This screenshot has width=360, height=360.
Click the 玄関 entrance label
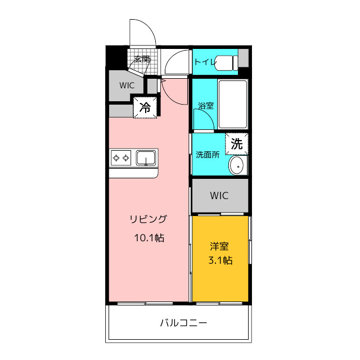(x=142, y=59)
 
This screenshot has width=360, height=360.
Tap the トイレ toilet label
(x=205, y=62)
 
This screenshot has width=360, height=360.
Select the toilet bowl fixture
(x=226, y=62)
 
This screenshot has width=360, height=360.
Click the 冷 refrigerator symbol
(x=145, y=107)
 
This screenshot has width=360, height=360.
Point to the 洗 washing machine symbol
(x=237, y=144)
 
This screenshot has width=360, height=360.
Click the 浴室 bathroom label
(x=206, y=106)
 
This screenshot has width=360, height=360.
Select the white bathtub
(x=233, y=104)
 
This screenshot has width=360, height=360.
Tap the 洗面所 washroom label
(x=208, y=155)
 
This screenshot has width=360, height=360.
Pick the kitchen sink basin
(x=146, y=158)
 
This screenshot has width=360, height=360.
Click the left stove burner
(x=116, y=158)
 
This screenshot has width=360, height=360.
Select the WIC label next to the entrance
(x=127, y=85)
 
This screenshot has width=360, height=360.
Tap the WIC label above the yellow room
(x=219, y=196)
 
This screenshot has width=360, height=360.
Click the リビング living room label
(x=148, y=219)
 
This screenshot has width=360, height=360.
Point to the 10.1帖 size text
(x=149, y=238)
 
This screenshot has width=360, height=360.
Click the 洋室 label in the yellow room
(x=219, y=246)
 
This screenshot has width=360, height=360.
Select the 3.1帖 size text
(x=220, y=260)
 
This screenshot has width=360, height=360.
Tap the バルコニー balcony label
(x=183, y=323)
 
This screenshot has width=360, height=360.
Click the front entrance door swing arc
(x=148, y=26)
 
